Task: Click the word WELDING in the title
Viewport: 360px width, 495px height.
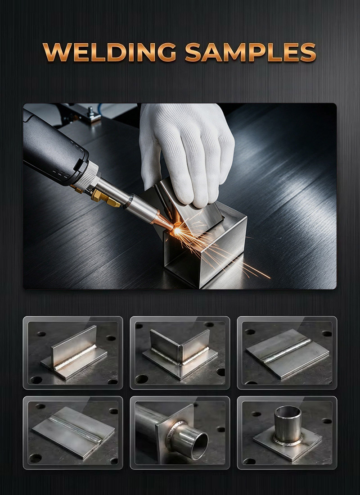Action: pos(109,52)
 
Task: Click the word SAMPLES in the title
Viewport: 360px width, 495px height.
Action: pos(250,52)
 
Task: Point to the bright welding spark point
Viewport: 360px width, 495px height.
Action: pos(177,231)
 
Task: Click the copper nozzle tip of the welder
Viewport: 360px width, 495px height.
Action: pos(162,222)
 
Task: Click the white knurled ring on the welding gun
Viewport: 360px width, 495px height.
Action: pos(87,176)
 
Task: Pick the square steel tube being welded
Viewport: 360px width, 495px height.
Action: pos(205,246)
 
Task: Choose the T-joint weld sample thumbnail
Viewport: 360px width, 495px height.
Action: pos(73,353)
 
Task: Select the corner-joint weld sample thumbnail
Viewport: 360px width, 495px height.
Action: pos(180,353)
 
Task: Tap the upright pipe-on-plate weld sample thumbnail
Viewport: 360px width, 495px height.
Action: pos(287,432)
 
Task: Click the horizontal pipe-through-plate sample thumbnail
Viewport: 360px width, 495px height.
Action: pos(180,432)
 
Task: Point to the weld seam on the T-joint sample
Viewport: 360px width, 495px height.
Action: pos(75,357)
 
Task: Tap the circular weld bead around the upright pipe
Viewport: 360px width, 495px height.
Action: pos(288,441)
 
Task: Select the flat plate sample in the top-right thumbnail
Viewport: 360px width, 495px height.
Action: pos(288,353)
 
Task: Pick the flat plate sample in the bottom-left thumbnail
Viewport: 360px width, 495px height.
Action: pos(73,432)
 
